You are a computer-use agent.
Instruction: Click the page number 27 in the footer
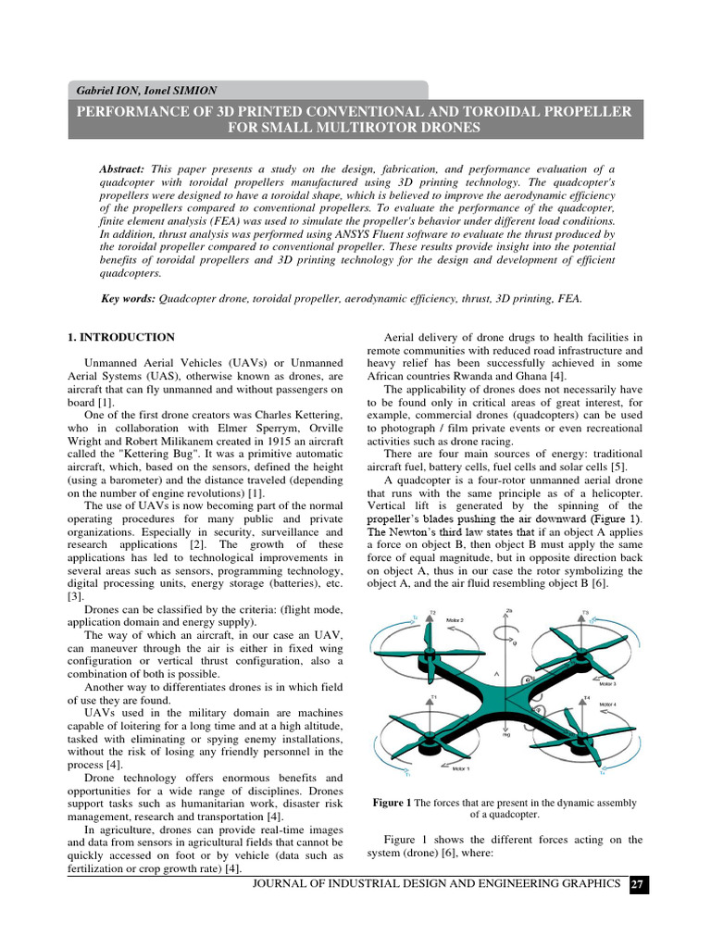click(x=638, y=885)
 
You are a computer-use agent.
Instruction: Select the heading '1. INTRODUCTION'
click(x=121, y=337)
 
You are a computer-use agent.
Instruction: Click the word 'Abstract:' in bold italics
click(x=122, y=170)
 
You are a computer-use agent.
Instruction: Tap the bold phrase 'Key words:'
click(x=128, y=299)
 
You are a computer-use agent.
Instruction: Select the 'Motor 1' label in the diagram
click(x=460, y=768)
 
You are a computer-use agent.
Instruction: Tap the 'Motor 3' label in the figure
click(x=607, y=683)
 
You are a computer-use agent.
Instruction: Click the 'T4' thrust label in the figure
click(x=585, y=697)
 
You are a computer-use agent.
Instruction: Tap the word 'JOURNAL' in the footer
click(x=287, y=885)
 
